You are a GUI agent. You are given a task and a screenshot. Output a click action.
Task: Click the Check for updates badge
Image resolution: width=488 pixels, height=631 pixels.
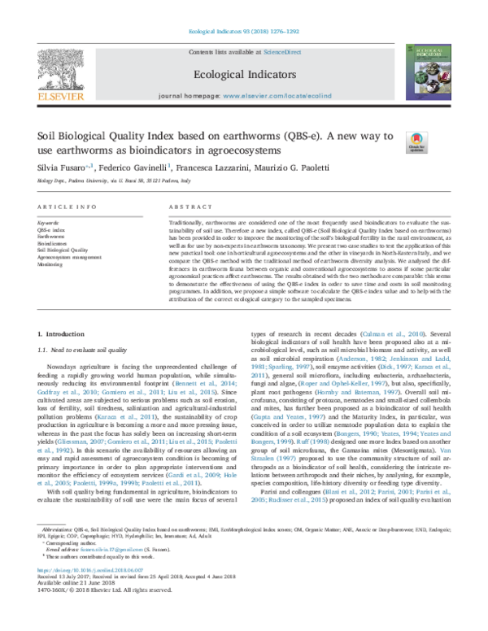[419, 143]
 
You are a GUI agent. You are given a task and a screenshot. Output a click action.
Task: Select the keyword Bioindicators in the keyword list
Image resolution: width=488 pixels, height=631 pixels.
[54, 242]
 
